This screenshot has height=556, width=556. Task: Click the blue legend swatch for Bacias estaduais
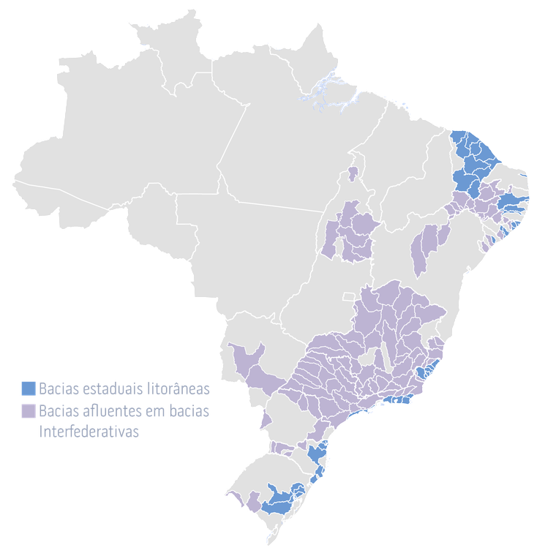pos(28,387)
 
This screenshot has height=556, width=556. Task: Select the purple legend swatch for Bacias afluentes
pos(28,411)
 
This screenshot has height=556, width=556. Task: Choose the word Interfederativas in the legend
pos(89,432)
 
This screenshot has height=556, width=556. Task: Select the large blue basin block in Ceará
pos(472,157)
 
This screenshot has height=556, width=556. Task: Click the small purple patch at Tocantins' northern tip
pos(353,173)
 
